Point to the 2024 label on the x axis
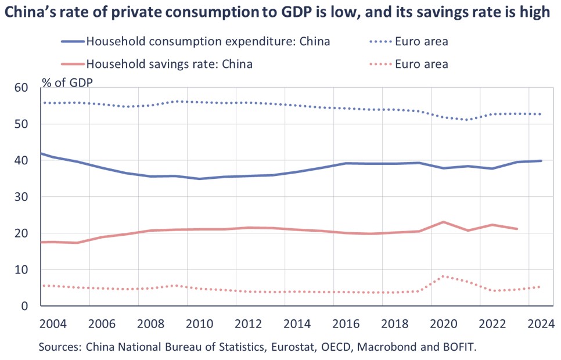coord(540,323)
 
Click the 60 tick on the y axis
coord(21,88)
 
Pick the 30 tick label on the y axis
coord(21,197)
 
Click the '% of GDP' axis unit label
coord(67,82)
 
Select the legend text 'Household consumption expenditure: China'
coord(208,41)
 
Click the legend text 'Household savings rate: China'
coord(169,63)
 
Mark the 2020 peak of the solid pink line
coord(444,222)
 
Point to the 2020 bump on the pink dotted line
coord(444,276)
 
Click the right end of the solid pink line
coord(516,229)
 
